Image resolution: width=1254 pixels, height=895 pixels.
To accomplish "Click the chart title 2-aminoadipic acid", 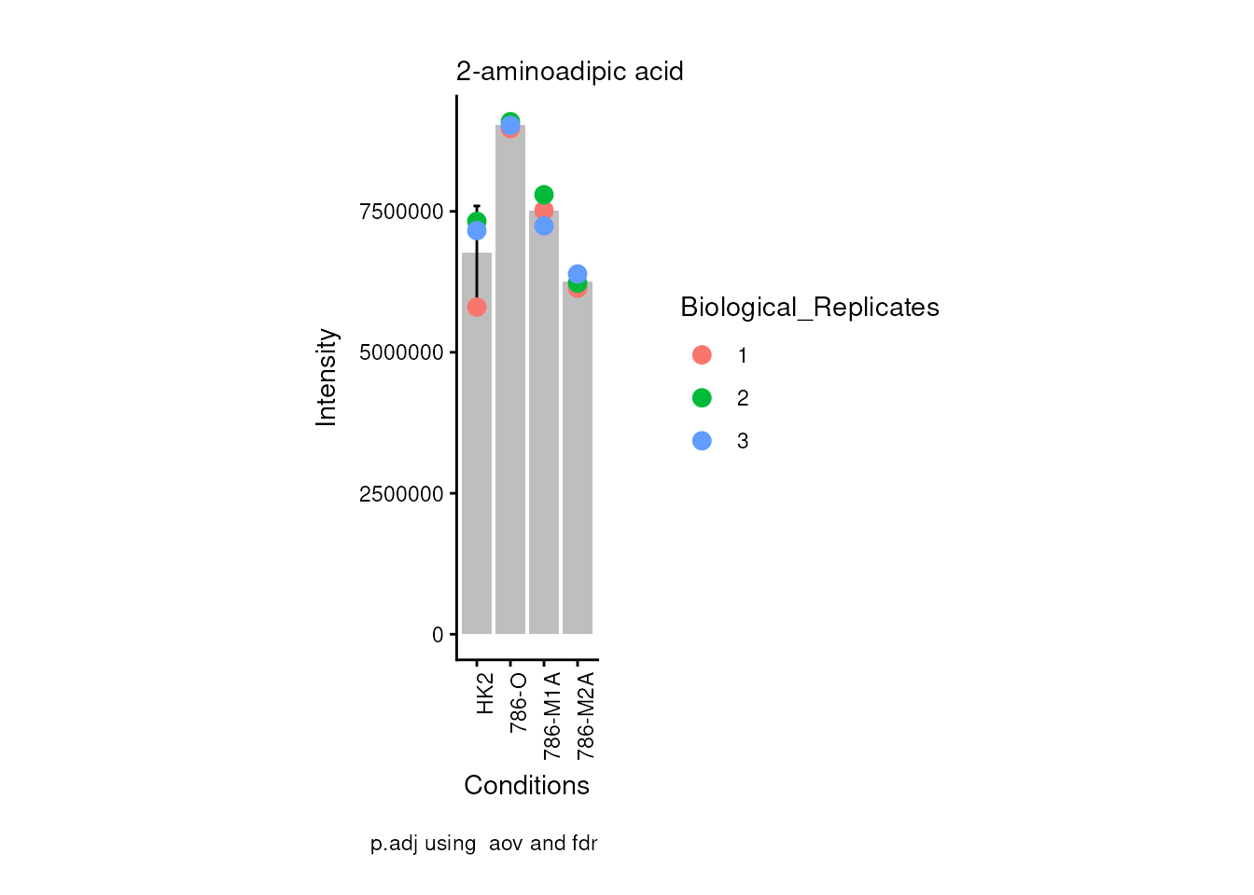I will click(569, 72).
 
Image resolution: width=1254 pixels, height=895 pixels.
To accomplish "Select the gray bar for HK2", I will click(477, 466).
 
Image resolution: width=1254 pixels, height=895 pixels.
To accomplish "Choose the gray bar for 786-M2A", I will click(578, 466).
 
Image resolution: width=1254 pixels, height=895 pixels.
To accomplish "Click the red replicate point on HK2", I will click(477, 307).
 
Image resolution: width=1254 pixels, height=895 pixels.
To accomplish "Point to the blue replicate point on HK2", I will click(477, 230).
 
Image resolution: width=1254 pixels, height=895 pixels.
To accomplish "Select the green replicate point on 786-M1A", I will click(544, 195).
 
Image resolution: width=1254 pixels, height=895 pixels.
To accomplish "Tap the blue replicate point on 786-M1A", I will click(544, 226).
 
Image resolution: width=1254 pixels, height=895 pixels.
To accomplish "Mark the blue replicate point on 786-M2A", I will click(578, 274).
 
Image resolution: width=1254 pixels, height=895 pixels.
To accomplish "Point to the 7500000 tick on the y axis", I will click(401, 212).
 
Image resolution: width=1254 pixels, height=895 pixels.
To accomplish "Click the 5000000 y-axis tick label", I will click(401, 352).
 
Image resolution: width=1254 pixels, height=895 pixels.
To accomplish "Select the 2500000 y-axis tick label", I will click(401, 494).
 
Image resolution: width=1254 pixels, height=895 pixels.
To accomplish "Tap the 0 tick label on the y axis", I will click(438, 635).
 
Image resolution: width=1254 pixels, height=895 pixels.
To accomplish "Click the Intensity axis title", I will click(327, 377).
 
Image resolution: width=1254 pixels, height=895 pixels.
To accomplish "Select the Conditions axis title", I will click(526, 786).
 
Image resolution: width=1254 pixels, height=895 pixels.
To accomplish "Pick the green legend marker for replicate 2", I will click(702, 398).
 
